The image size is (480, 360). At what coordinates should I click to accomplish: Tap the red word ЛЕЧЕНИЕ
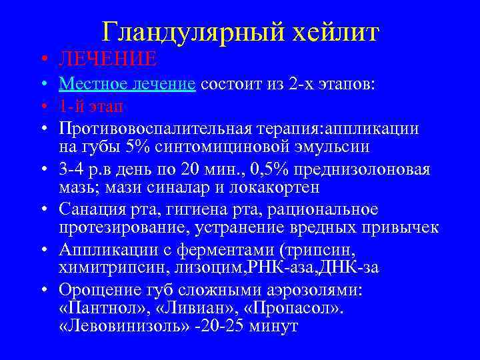tap(107, 59)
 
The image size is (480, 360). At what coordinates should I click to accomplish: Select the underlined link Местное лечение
tap(127, 85)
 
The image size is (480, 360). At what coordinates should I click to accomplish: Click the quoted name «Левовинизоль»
tap(112, 327)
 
